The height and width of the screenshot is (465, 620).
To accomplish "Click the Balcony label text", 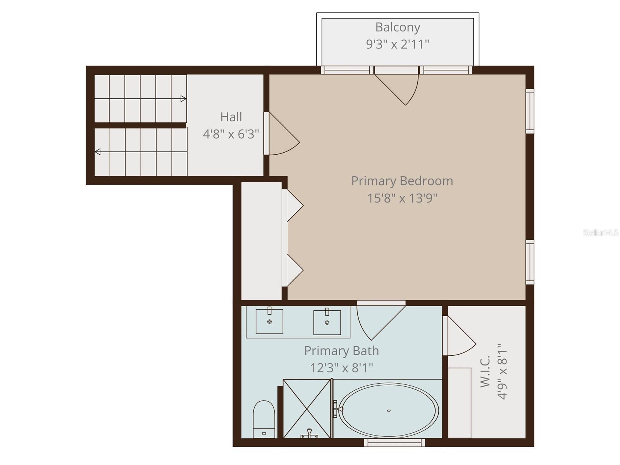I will (398, 28).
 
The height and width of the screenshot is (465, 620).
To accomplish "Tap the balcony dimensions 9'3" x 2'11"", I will (398, 44).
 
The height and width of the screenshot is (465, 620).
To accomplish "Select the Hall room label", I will (231, 117).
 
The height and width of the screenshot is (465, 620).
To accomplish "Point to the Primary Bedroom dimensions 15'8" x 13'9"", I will (402, 198).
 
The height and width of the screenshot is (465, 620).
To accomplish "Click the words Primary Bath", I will (341, 351).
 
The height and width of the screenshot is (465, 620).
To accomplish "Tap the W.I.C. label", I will (486, 371).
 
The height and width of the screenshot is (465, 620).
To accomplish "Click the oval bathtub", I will (388, 410).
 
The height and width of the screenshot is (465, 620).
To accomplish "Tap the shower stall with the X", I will (307, 408).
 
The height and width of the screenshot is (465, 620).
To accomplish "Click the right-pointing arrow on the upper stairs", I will (183, 99).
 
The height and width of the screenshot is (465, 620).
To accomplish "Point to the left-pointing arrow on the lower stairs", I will (98, 152).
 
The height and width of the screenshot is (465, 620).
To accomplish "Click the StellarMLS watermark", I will (601, 233).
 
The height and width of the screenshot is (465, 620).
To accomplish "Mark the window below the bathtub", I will (394, 442).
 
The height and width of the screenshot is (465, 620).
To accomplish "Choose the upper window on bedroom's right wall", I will (530, 111).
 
